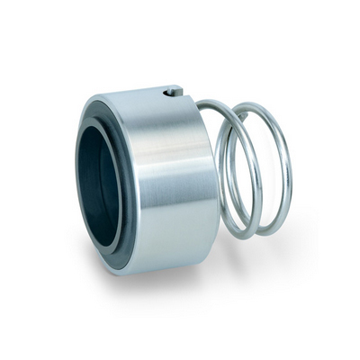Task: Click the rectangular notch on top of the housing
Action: (172, 91)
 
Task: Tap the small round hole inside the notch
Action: (169, 93)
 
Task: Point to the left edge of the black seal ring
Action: (78, 184)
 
